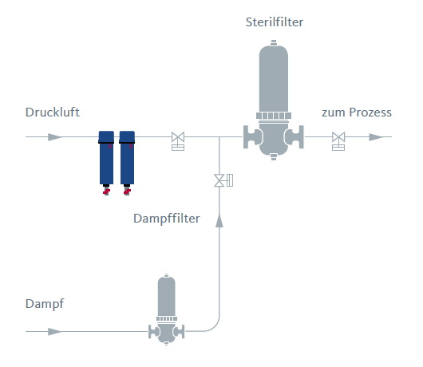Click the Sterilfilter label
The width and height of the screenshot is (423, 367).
274,22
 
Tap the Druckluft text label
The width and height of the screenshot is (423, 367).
53,112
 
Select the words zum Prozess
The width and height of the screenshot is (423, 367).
357,112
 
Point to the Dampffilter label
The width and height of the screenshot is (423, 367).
167,219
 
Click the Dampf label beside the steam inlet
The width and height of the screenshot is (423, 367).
45,304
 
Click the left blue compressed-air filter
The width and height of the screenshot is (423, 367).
106,158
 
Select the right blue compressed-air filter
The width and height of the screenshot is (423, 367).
127,158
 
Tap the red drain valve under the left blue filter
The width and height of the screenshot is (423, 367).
106,191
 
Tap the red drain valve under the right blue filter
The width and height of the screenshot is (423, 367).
127,191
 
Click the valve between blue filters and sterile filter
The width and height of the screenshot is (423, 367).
178,140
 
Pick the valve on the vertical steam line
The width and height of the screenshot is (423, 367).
223,180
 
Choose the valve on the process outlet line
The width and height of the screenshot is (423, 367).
338,140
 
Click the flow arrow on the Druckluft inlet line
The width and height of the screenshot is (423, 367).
55,137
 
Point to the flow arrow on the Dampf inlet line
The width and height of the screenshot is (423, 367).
55,331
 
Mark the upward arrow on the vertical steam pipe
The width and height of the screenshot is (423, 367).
219,220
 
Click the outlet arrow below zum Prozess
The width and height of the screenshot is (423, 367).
377,137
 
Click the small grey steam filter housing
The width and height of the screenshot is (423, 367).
167,310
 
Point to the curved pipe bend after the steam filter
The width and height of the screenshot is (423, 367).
215,326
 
